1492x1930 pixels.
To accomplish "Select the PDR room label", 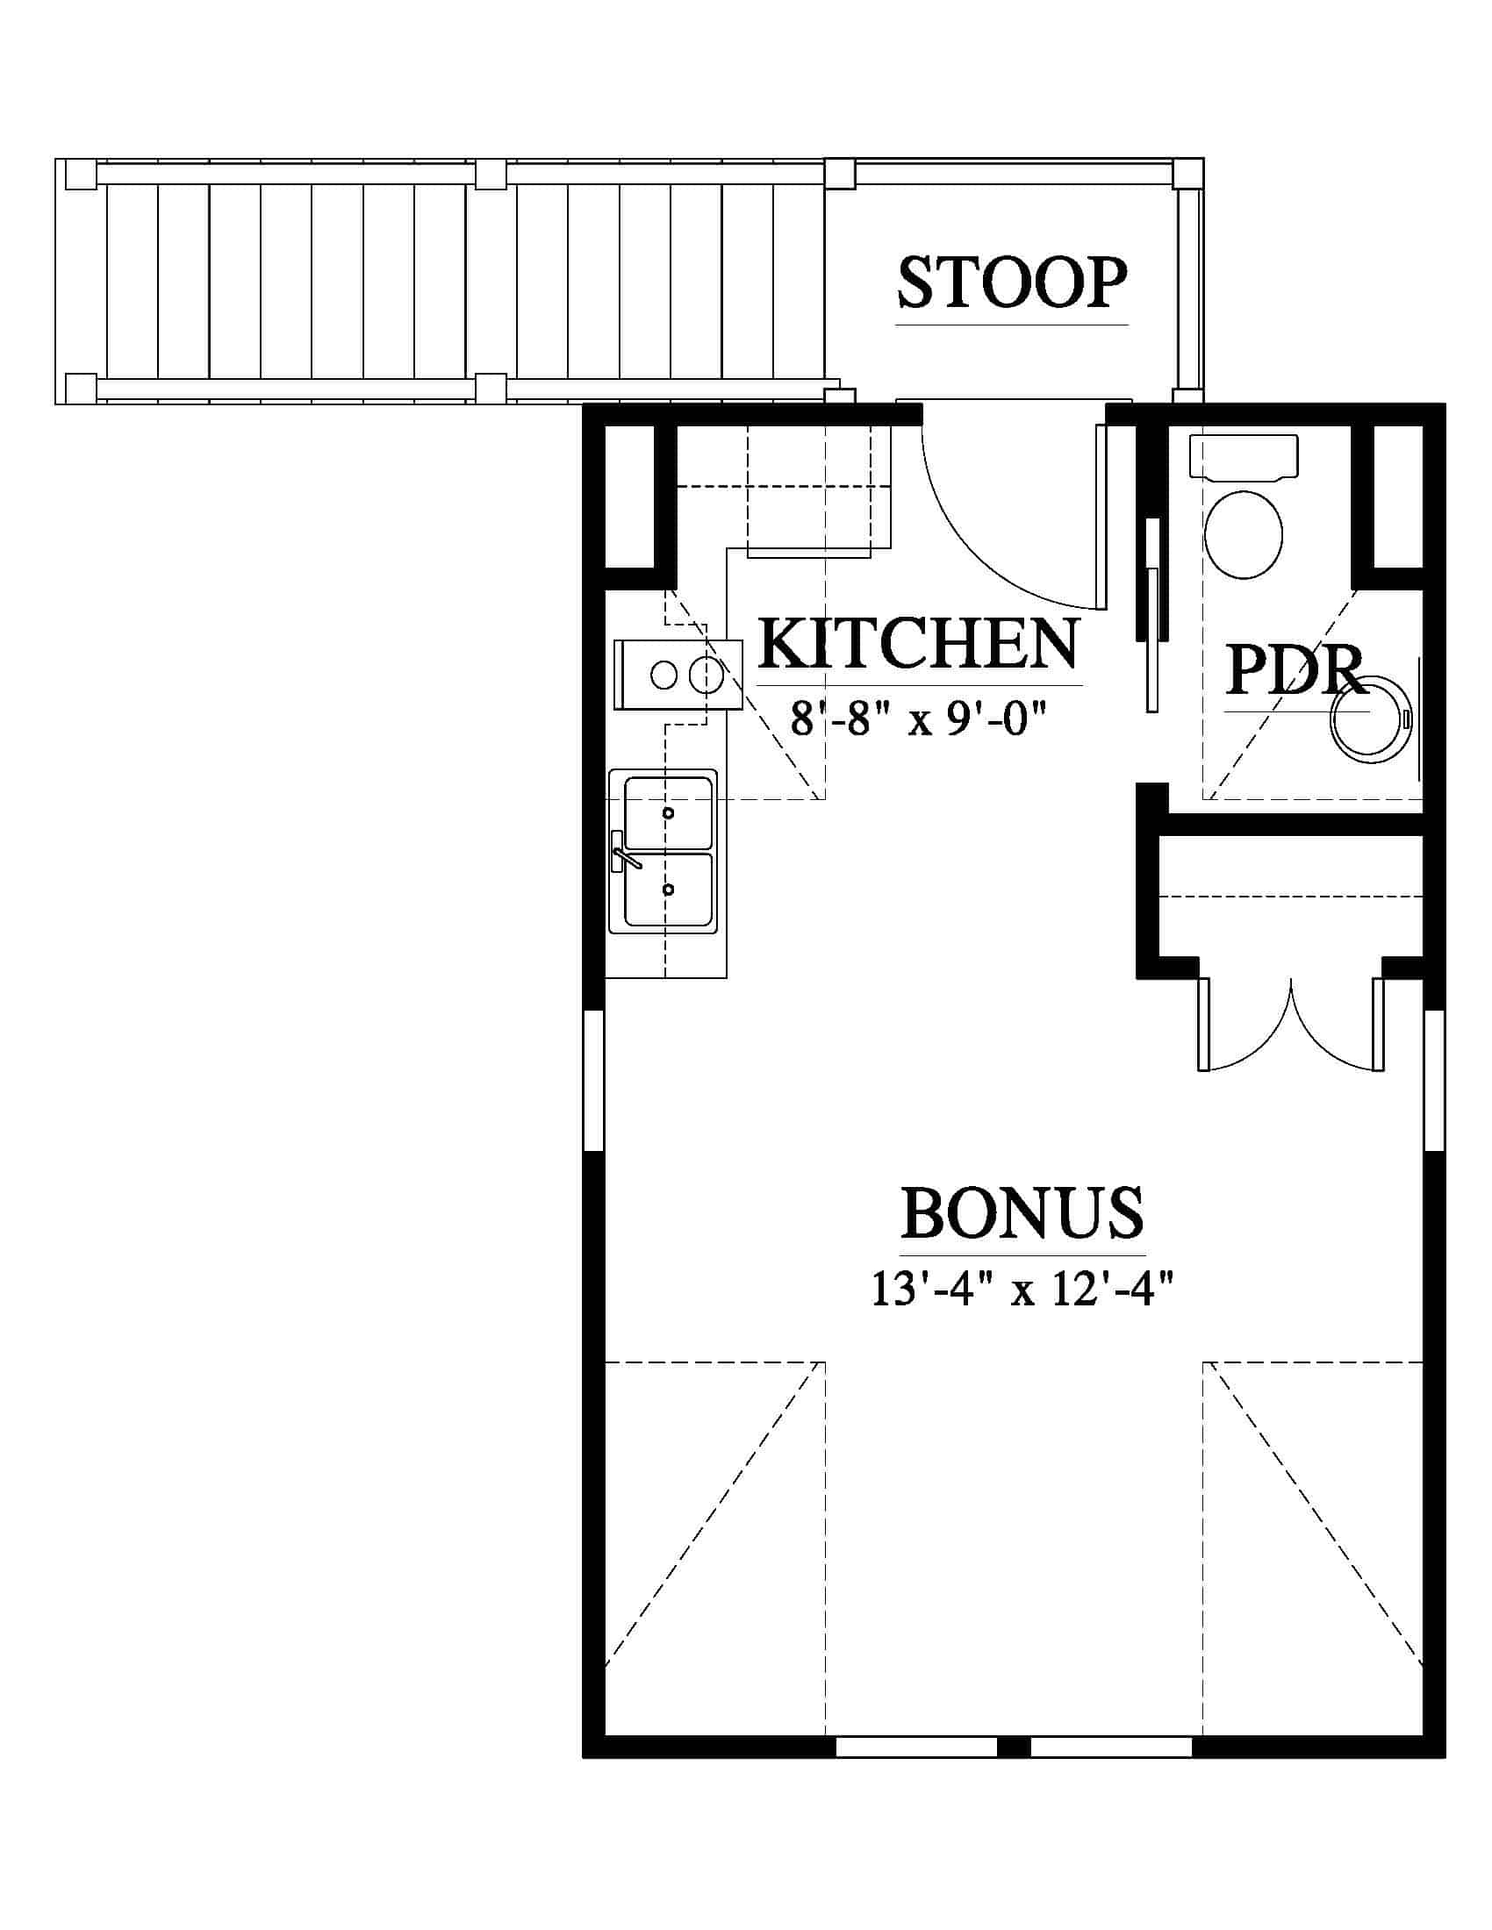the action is coord(1293,671).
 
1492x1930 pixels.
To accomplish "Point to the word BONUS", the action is coord(1022,1213).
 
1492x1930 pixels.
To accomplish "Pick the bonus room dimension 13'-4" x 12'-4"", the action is coord(1022,1290).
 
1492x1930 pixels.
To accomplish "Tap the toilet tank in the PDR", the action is coord(1244,456).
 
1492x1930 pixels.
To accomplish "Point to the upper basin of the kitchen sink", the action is coord(668,812).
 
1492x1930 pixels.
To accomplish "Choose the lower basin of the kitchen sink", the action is coord(668,889).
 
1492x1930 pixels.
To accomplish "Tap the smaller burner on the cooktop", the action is coord(664,676).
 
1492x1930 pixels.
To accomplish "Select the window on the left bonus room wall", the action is coord(593,1082).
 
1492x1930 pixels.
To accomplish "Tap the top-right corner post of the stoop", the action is coord(1188,173).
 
